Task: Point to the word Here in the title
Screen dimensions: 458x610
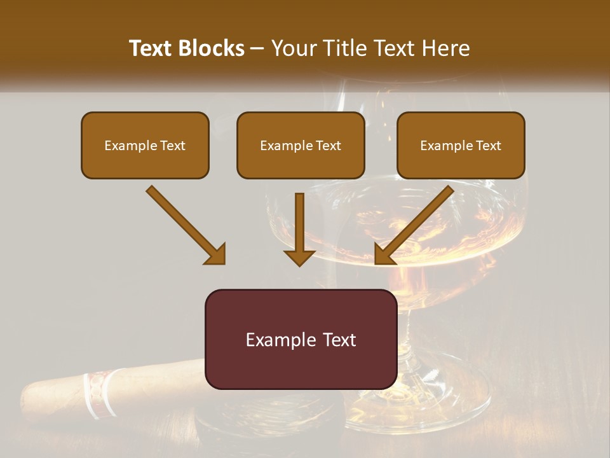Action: pyautogui.click(x=448, y=48)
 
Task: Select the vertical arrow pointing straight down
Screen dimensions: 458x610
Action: pyautogui.click(x=299, y=229)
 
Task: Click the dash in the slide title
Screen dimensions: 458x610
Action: pyautogui.click(x=257, y=49)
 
